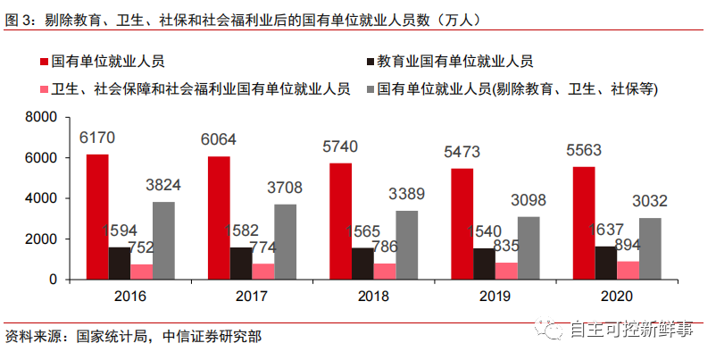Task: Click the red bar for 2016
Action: tap(97, 216)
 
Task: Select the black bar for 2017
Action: tap(241, 263)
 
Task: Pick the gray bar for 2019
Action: tap(529, 247)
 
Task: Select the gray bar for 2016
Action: tap(163, 240)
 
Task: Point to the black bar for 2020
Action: tap(604, 263)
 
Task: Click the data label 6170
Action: tap(97, 138)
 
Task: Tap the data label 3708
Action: tap(286, 188)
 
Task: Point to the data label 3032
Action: tap(649, 201)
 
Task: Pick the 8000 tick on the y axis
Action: tap(41, 118)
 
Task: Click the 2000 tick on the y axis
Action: tap(41, 239)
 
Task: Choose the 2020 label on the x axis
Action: tap(616, 296)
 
